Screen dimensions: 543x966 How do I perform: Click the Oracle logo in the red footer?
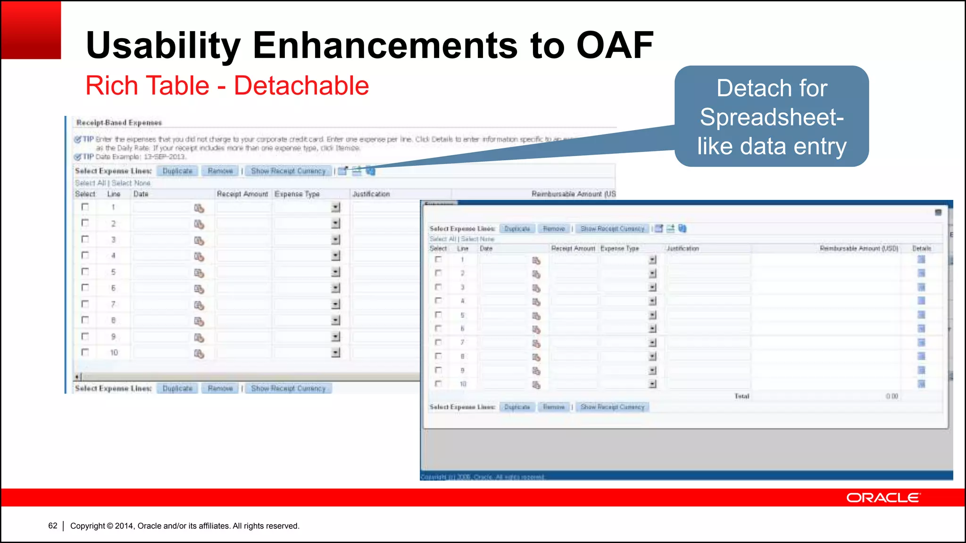pos(883,498)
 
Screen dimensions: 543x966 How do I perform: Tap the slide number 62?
pos(53,526)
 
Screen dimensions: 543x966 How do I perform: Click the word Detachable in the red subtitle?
pos(301,86)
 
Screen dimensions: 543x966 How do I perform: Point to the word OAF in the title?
pos(615,45)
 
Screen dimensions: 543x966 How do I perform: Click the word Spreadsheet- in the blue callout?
pos(772,117)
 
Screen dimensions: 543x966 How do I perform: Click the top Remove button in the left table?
pos(220,171)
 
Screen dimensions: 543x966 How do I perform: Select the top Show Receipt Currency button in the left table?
pos(288,171)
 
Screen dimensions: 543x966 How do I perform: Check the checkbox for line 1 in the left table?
pos(85,207)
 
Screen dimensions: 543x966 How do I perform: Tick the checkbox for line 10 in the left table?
pos(85,352)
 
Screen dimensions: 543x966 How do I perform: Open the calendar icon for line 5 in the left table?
pos(199,273)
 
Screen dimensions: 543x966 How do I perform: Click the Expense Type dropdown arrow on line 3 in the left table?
pos(335,239)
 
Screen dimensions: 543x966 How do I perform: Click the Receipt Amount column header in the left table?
pos(242,194)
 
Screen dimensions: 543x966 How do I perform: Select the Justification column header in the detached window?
pos(683,248)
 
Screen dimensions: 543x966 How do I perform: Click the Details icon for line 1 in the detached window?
pos(921,259)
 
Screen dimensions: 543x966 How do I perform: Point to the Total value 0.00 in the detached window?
pos(891,396)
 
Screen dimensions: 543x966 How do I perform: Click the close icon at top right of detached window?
pos(938,213)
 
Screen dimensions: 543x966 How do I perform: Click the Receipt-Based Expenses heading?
pos(119,123)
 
